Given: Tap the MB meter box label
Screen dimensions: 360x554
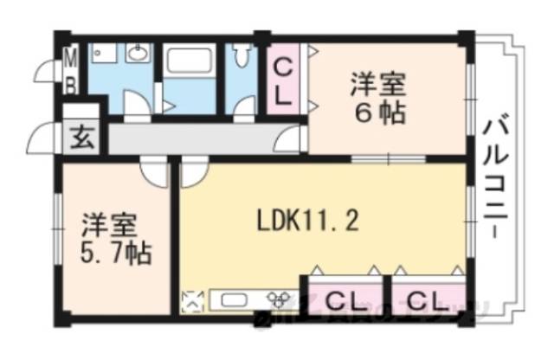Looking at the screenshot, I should coord(72,74).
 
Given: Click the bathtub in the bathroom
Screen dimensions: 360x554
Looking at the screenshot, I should coord(190,62).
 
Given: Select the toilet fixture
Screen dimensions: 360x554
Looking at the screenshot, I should coord(241,60).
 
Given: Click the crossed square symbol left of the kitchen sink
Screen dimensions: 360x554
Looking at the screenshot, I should coord(192,301).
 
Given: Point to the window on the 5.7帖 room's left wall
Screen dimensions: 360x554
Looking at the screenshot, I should coord(57,229).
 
